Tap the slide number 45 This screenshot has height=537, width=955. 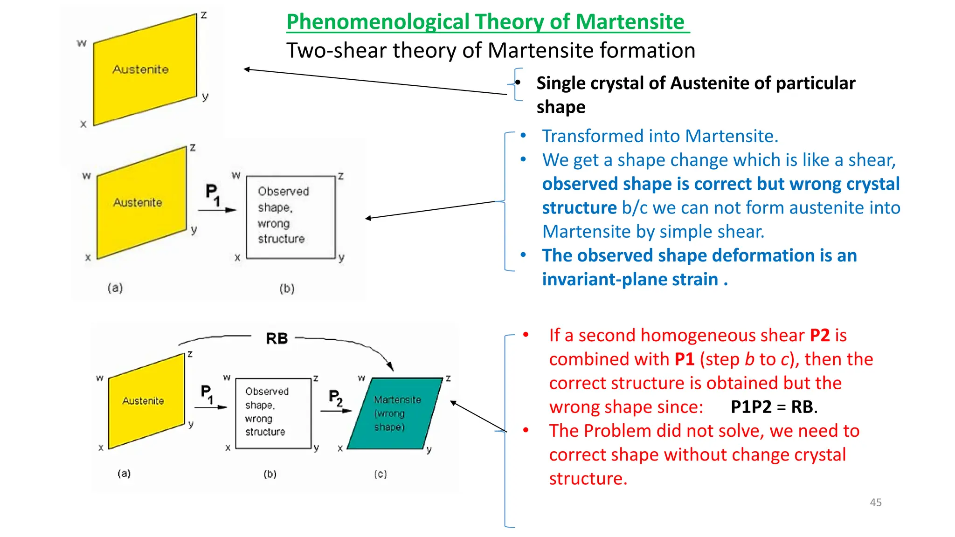(875, 502)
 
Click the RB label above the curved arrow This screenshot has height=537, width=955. (277, 338)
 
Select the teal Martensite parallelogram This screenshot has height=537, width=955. (394, 413)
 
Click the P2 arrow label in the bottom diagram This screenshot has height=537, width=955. (335, 398)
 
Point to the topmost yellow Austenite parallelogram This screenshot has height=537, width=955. (145, 70)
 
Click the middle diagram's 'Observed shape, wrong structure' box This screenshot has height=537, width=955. (291, 217)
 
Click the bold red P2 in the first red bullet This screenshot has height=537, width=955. (819, 336)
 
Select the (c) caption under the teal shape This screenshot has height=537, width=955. (380, 474)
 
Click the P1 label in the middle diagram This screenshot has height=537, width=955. (212, 194)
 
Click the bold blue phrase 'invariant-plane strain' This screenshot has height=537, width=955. (631, 279)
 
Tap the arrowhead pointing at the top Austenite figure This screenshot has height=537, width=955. (247, 69)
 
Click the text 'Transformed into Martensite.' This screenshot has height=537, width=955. (659, 136)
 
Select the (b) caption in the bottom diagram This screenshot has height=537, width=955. (270, 474)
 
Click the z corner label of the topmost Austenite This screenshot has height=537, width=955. (204, 15)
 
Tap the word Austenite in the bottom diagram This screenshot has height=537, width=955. (143, 401)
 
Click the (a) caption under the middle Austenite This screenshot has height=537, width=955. (115, 288)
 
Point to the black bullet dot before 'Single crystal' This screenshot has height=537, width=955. (518, 83)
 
